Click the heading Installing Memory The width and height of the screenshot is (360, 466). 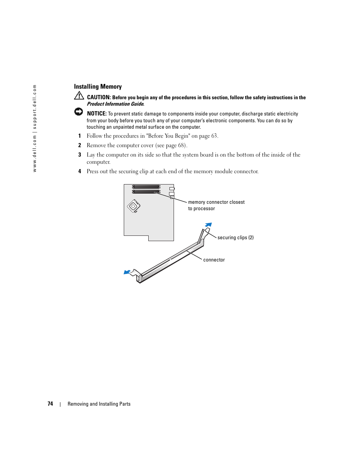tap(98, 87)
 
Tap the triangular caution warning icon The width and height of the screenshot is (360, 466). tap(79, 96)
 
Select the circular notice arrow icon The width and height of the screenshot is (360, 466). tap(78, 112)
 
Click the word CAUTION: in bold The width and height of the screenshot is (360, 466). tap(99, 97)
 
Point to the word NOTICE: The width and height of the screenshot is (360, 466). tap(97, 114)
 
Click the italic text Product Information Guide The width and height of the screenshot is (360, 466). tap(115, 104)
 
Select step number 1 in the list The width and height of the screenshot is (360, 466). tap(80, 136)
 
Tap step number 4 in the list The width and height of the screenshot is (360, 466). tap(80, 171)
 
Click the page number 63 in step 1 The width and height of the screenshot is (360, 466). tap(214, 136)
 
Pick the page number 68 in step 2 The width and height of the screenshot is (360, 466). tap(182, 145)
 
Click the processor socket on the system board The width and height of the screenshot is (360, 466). tap(134, 206)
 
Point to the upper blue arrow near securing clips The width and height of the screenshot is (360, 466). tap(208, 225)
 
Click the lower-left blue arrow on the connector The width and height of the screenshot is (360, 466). tap(127, 272)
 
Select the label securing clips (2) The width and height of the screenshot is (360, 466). tap(235, 238)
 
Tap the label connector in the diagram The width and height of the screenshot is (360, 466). tap(214, 260)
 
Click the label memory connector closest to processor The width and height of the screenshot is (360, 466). tap(216, 205)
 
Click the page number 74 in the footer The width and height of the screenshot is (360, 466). tap(50, 404)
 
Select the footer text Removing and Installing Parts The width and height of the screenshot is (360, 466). tap(99, 404)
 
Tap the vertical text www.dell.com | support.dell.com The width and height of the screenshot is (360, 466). tap(35, 128)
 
